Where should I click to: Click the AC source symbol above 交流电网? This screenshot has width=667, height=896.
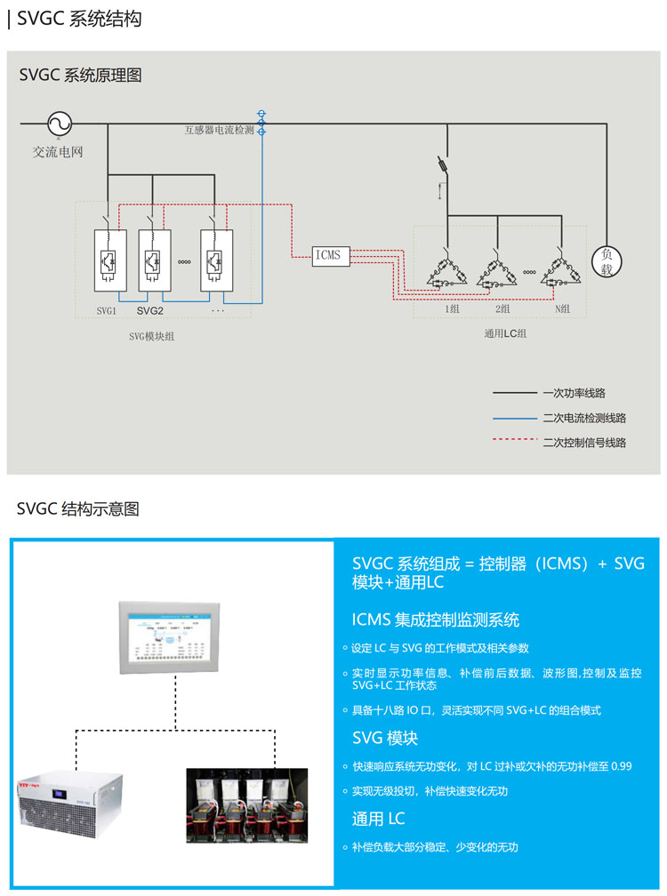click(x=59, y=124)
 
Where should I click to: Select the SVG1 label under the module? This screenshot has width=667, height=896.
click(x=107, y=311)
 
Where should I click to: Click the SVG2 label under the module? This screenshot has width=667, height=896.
click(x=150, y=311)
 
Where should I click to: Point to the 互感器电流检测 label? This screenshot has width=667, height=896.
click(x=219, y=130)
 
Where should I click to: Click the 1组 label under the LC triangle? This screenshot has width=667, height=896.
click(x=452, y=309)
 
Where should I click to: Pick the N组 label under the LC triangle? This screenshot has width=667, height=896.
click(x=562, y=309)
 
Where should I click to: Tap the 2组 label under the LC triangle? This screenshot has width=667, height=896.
click(x=502, y=309)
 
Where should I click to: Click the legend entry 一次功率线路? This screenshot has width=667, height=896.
click(x=574, y=393)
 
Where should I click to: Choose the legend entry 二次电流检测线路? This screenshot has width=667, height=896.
click(x=583, y=418)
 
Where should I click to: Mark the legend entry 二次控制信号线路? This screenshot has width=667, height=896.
click(x=583, y=442)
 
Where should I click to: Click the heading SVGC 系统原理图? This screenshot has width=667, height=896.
click(x=80, y=76)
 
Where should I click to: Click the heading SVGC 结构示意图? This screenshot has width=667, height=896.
click(x=78, y=509)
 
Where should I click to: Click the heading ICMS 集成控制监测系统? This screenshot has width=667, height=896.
click(x=436, y=620)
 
